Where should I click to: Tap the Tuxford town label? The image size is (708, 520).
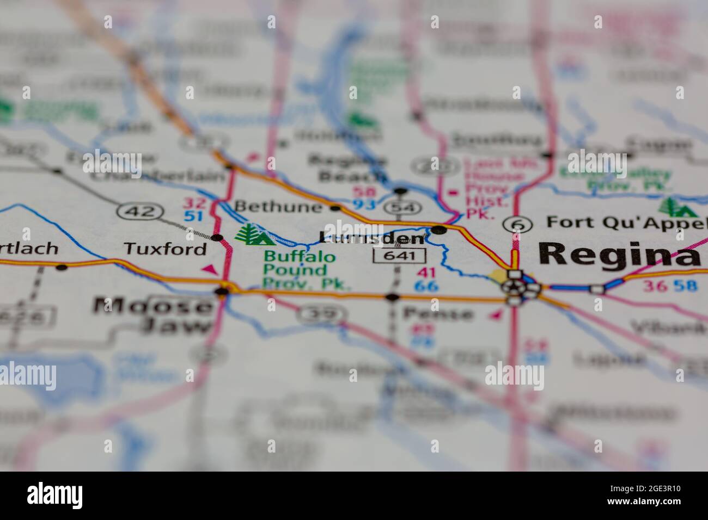point(165,249)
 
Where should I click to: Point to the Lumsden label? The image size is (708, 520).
point(371,238)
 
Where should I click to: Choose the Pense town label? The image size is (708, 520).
point(437,313)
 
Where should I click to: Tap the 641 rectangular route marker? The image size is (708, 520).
point(399,255)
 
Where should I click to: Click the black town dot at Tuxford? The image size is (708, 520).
point(217,238)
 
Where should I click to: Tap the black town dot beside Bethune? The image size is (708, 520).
point(335,208)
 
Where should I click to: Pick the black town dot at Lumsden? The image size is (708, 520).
point(440,230)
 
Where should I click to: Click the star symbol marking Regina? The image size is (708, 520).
point(513,287)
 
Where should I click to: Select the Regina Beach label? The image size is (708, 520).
point(347,168)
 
